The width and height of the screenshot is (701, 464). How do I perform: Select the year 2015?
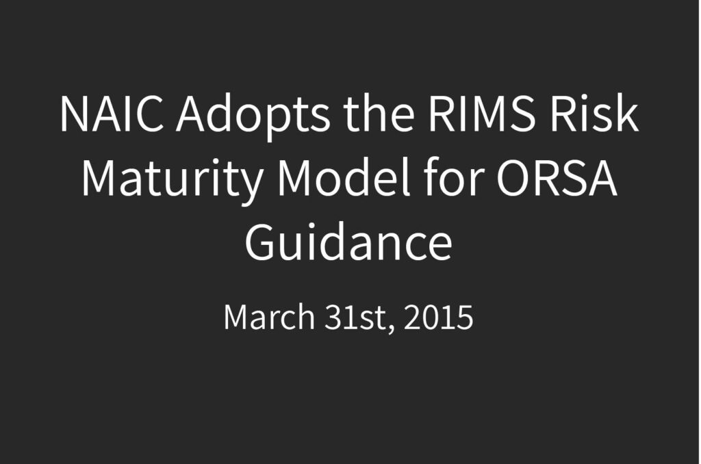point(438,317)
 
